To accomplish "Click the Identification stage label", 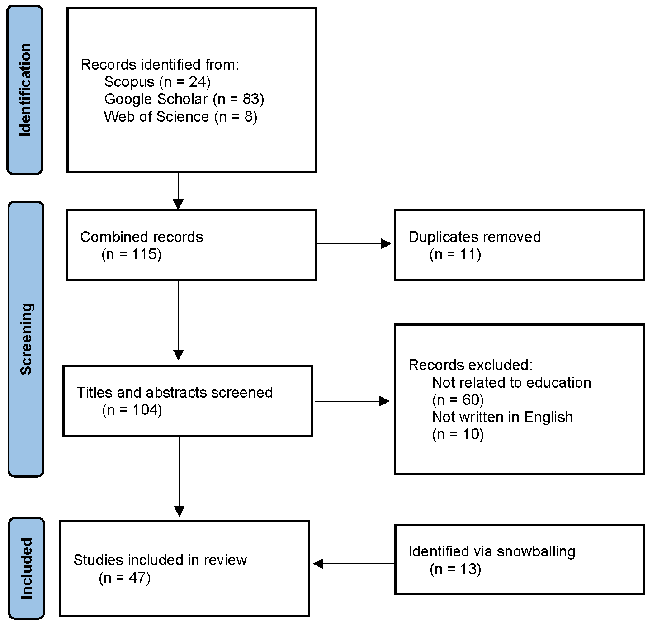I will [25, 90].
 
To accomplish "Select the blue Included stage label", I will [26, 568].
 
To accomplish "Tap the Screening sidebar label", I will [26, 339].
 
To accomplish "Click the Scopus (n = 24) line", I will [157, 82].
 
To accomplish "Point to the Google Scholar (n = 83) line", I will [184, 99].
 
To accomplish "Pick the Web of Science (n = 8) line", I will [180, 117].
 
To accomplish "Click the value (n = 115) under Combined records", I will [132, 254].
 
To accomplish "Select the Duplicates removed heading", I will [474, 237].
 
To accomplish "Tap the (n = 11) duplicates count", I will [455, 254].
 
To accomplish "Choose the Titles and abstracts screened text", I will [175, 393].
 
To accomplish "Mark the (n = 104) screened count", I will [132, 410].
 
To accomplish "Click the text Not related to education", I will [511, 383].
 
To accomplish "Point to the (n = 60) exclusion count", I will [458, 400].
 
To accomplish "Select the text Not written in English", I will [502, 417].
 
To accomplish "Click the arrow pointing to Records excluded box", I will [352, 401].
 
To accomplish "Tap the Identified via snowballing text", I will [491, 551].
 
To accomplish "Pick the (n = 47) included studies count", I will [124, 578].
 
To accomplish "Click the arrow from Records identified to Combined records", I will [179, 191].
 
